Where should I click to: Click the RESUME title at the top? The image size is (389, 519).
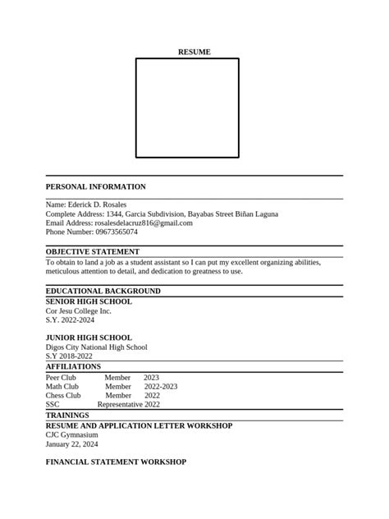coord(194,52)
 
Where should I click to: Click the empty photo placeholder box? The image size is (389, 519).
coord(187,108)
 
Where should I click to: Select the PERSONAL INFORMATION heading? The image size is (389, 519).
coord(95,187)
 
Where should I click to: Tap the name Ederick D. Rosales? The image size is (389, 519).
coord(98,204)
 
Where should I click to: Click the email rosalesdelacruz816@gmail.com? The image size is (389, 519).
coord(144,223)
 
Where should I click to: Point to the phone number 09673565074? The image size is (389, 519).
coord(115,232)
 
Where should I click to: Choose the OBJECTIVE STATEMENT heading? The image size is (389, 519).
coord(92,251)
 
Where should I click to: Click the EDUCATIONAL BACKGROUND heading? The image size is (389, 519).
coord(103,291)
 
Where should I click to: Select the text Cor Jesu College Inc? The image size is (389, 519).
coord(78,311)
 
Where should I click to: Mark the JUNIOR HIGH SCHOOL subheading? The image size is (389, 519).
coord(88,338)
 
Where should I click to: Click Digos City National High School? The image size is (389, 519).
coord(96,347)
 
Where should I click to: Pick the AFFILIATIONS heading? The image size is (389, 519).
coord(73,366)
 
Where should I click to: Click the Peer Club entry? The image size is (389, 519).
coord(61,377)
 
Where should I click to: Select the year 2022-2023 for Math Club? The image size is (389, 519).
coord(161,386)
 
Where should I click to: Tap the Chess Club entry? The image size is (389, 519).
coord(63,395)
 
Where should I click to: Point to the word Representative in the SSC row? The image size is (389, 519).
coord(120,404)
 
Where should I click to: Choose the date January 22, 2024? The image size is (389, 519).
coord(71,443)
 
